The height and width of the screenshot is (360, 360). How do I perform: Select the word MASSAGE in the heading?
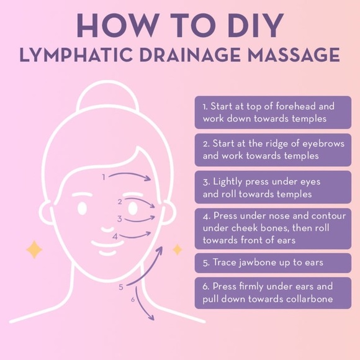(x=294, y=55)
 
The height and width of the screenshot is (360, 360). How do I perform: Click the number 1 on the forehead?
(x=104, y=177)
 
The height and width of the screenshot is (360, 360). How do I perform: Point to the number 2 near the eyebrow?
(x=120, y=202)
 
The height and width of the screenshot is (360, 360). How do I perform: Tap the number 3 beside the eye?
(x=119, y=219)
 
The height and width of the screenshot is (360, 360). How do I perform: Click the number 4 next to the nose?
(x=115, y=236)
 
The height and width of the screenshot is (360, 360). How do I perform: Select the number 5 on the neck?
(x=121, y=287)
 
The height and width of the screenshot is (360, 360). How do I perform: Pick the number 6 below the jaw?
(x=132, y=299)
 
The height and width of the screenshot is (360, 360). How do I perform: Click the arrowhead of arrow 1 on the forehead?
(x=148, y=179)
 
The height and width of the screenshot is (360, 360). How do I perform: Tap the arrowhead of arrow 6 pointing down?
(x=151, y=318)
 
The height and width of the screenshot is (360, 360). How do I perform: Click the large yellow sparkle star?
(x=34, y=250)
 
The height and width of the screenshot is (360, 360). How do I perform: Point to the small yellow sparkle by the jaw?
(x=178, y=250)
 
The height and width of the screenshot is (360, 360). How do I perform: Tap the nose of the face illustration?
(x=107, y=230)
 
